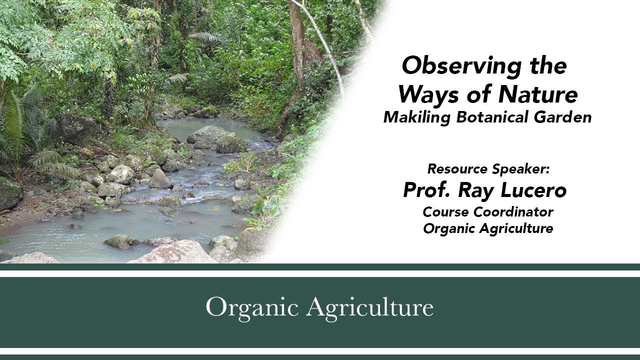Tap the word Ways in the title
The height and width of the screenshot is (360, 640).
point(428,95)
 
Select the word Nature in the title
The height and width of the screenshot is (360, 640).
point(538,94)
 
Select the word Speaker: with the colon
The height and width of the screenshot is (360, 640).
point(521,169)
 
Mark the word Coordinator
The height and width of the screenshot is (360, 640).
point(513,212)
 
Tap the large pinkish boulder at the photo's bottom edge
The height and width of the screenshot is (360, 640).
point(174,252)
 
